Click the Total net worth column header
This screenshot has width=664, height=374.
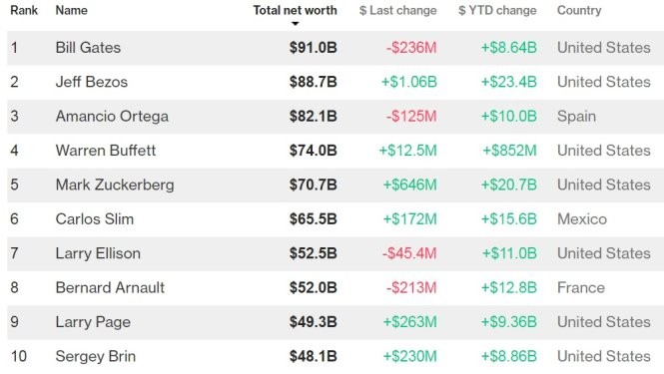tap(295, 11)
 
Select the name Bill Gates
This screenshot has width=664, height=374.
tap(88, 48)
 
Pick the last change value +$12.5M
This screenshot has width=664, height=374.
tap(407, 151)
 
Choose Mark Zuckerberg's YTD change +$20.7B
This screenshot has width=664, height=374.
tap(509, 185)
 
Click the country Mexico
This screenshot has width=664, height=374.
tap(582, 218)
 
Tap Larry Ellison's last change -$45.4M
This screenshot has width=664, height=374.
tap(409, 253)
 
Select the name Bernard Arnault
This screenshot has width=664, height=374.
tap(110, 287)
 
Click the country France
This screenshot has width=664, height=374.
tap(581, 287)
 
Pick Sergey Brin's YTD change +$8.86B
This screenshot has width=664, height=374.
tap(509, 356)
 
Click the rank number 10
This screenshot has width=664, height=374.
tap(17, 356)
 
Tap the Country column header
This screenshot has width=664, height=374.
tap(579, 11)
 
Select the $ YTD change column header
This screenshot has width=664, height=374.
tap(497, 11)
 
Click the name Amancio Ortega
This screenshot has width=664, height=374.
tap(112, 116)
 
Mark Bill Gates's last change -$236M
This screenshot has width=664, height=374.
tap(411, 48)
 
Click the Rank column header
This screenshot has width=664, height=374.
tap(24, 11)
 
